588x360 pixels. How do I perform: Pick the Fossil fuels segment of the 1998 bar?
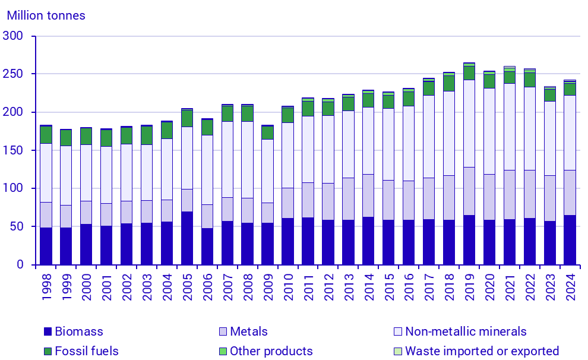(x=46, y=135)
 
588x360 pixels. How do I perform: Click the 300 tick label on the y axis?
(x=20, y=36)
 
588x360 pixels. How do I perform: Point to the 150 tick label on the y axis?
(x=20, y=150)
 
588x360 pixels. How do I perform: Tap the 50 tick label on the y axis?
(x=23, y=226)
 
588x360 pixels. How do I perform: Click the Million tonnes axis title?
(x=46, y=15)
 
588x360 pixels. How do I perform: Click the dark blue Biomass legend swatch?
(x=48, y=332)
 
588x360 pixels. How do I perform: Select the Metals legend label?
(x=248, y=332)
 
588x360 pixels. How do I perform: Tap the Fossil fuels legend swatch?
(x=48, y=351)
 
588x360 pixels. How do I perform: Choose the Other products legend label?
(x=271, y=351)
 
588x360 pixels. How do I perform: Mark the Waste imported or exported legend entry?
(x=481, y=351)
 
